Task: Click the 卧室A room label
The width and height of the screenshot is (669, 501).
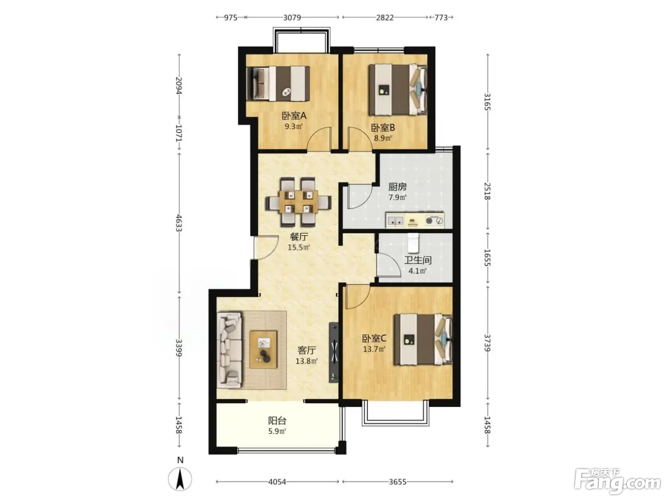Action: pyautogui.click(x=293, y=116)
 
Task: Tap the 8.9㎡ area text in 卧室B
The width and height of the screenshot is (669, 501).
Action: pyautogui.click(x=383, y=138)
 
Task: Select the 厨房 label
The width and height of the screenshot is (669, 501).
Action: pyautogui.click(x=397, y=187)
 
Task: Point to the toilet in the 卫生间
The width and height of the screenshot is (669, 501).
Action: pyautogui.click(x=413, y=243)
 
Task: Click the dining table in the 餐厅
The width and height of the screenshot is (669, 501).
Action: pyautogui.click(x=298, y=202)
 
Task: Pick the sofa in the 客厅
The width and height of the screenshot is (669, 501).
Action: pyautogui.click(x=230, y=350)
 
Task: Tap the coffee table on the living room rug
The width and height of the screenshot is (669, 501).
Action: pyautogui.click(x=263, y=350)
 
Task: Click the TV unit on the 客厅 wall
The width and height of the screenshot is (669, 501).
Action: pyautogui.click(x=334, y=352)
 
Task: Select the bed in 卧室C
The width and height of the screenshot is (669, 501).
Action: pyautogui.click(x=423, y=339)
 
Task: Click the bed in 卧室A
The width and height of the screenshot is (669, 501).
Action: pyautogui.click(x=278, y=83)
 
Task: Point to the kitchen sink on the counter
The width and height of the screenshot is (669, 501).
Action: pyautogui.click(x=395, y=220)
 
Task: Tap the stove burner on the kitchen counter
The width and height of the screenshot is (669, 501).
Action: pyautogui.click(x=429, y=220)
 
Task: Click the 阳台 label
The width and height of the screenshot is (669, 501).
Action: pyautogui.click(x=277, y=421)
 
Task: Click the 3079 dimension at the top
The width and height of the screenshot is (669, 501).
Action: pyautogui.click(x=292, y=18)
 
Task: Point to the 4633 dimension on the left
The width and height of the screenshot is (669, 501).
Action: pyautogui.click(x=179, y=223)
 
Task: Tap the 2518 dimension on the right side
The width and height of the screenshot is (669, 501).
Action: pyautogui.click(x=487, y=191)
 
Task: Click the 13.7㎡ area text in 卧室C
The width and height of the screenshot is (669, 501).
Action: pyautogui.click(x=374, y=349)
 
